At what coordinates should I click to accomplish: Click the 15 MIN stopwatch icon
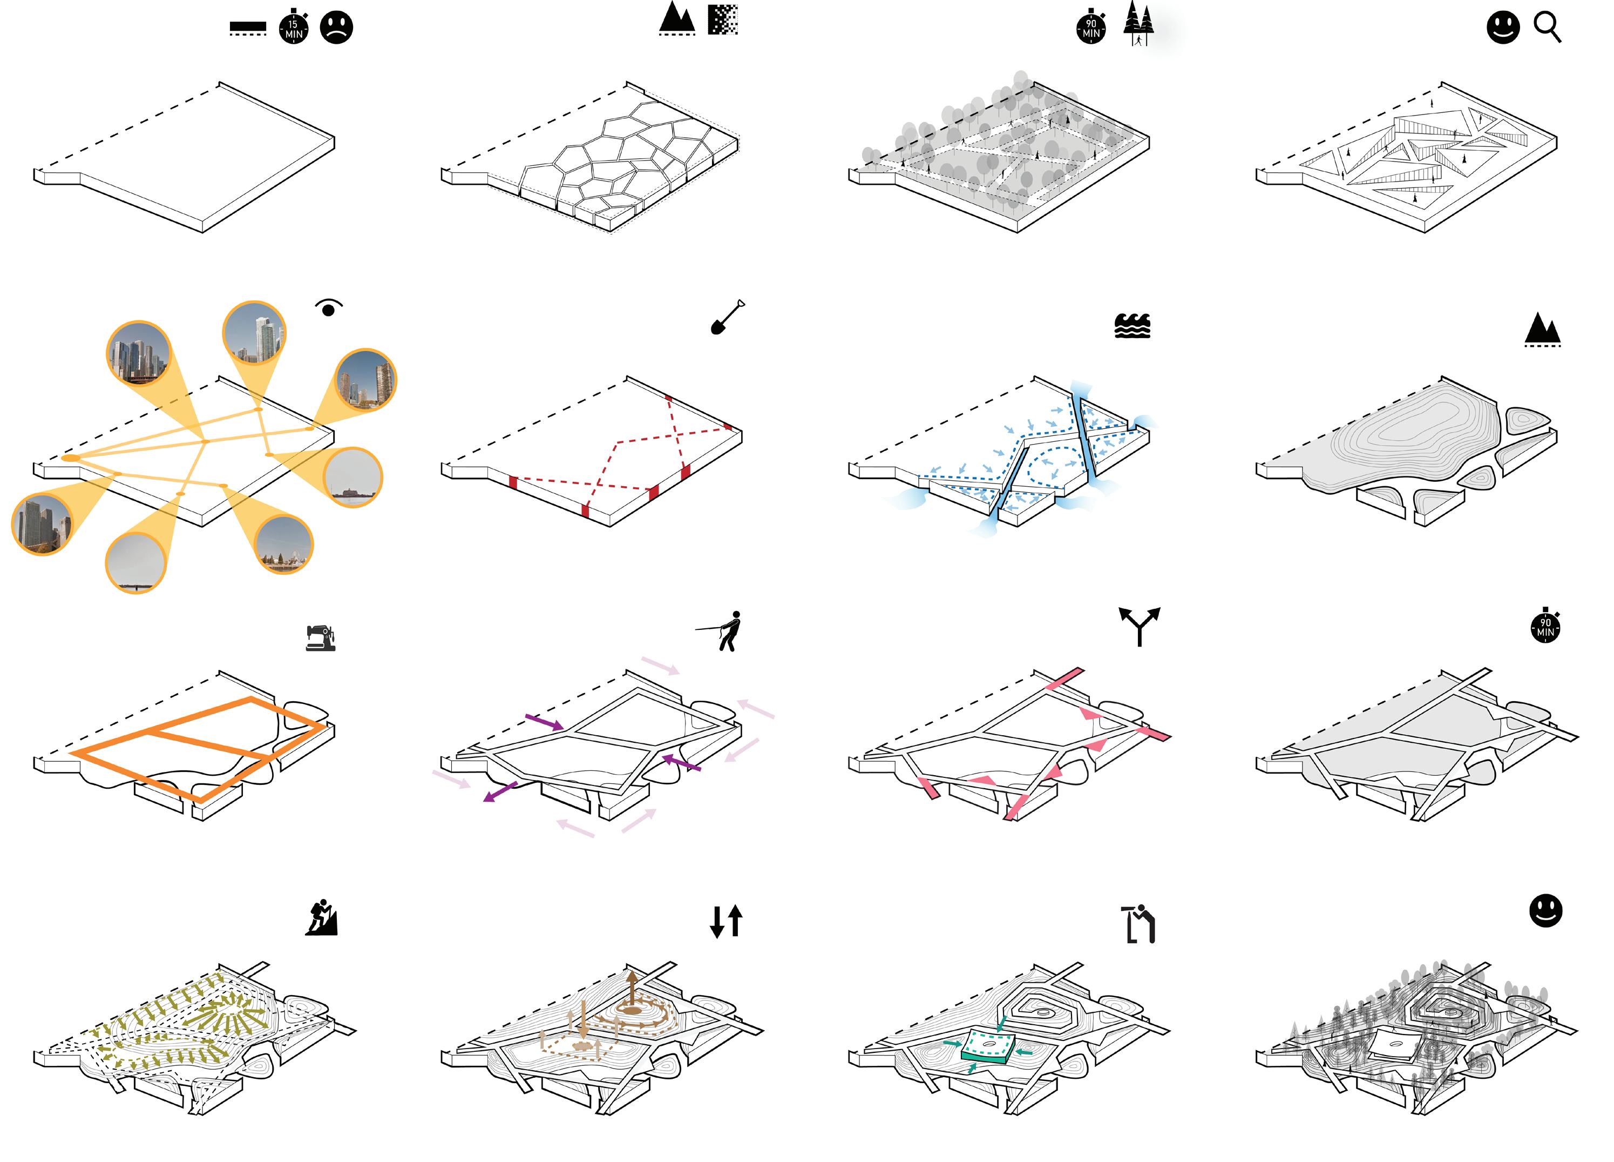tap(293, 28)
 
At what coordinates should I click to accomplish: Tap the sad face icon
tap(337, 27)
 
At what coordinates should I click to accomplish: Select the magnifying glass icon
tap(1547, 28)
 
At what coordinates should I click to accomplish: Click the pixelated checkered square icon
tap(723, 20)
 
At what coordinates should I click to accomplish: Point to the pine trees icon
tap(1138, 24)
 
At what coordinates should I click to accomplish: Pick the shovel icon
tap(727, 317)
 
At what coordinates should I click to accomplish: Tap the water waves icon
tap(1132, 325)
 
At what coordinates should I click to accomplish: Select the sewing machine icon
tap(321, 638)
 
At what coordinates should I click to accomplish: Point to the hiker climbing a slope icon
tap(322, 918)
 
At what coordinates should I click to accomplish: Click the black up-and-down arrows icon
tap(727, 921)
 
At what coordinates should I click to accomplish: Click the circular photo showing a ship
tap(353, 477)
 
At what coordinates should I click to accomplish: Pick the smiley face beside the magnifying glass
tap(1503, 28)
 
